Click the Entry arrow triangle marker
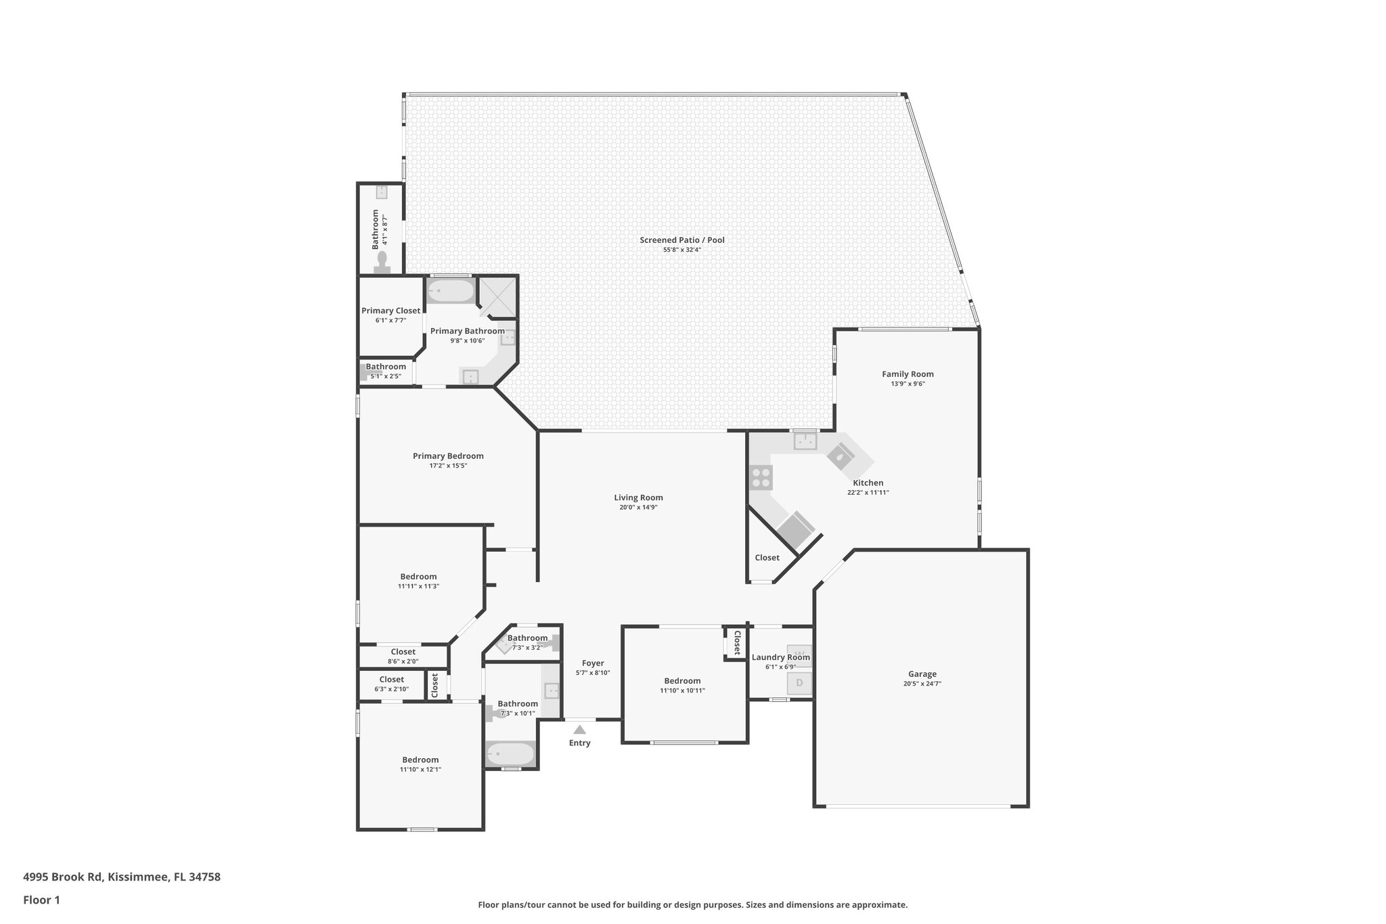tap(579, 730)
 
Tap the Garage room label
tap(922, 674)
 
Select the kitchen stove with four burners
tap(761, 477)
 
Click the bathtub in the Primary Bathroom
tap(451, 292)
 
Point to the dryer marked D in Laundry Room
tap(799, 683)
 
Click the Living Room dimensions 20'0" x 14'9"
tap(638, 507)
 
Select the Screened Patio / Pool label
tap(681, 240)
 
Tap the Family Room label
tap(908, 374)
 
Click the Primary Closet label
tap(390, 311)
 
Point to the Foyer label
tap(593, 663)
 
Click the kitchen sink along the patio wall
tap(805, 441)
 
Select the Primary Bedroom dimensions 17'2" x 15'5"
tap(448, 466)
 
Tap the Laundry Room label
tap(780, 657)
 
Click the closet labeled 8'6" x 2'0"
tap(403, 656)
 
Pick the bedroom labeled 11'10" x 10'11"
tap(682, 685)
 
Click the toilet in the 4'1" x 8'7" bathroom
tap(382, 263)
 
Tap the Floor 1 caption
tap(41, 900)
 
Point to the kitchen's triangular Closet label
tap(767, 558)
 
